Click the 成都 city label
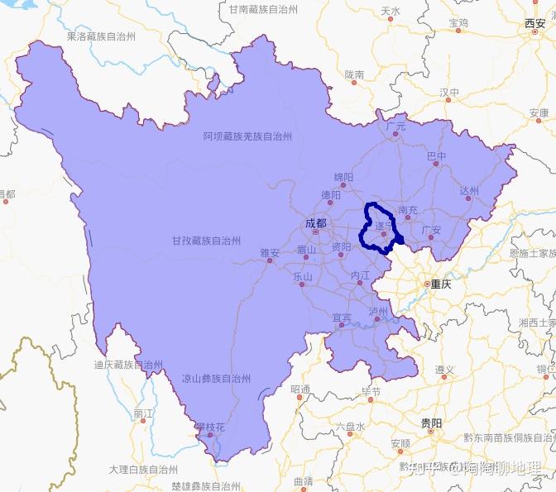click(x=315, y=223)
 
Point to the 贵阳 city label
click(x=431, y=423)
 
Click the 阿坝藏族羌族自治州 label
click(x=247, y=136)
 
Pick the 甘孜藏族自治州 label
click(x=206, y=241)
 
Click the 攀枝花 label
click(x=210, y=427)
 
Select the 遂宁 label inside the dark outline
click(x=383, y=226)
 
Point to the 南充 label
click(x=408, y=211)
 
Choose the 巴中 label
click(x=436, y=155)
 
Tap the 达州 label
click(x=469, y=191)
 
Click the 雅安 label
click(x=270, y=253)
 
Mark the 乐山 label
click(x=303, y=276)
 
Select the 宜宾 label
click(x=342, y=317)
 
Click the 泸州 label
click(x=378, y=312)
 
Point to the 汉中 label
click(x=449, y=92)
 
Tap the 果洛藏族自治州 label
click(x=100, y=36)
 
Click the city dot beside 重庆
click(x=427, y=284)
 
